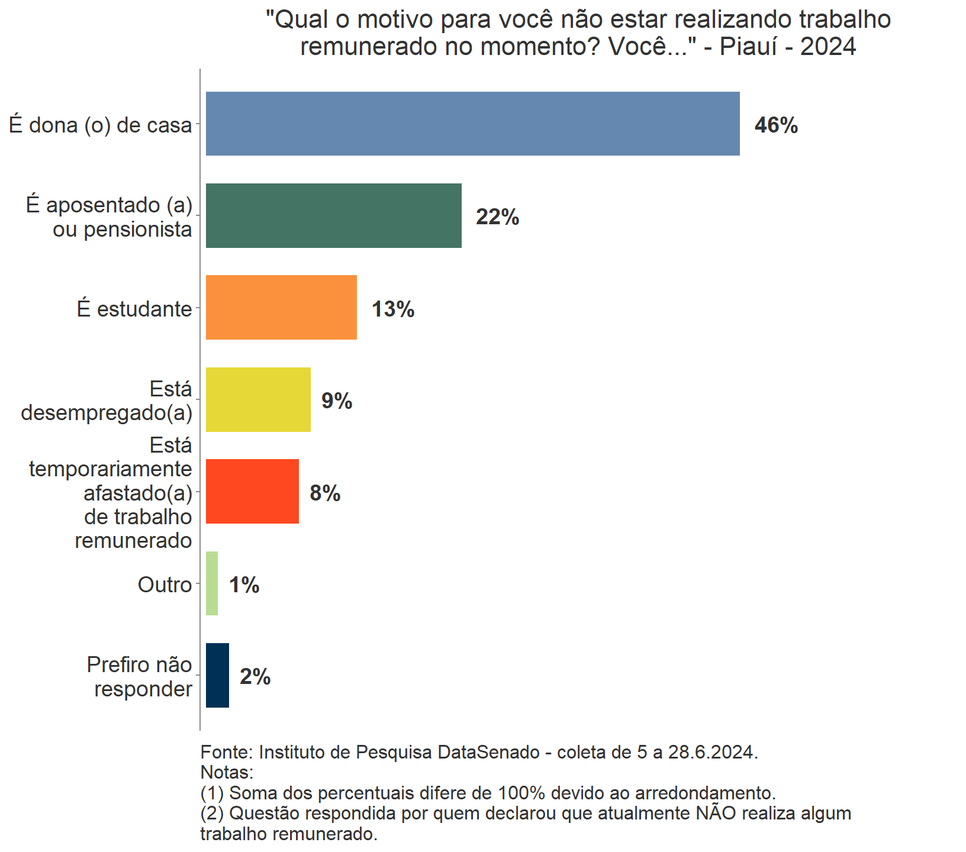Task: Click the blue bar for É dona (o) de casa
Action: click(472, 124)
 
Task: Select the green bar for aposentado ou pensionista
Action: click(333, 215)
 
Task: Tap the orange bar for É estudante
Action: click(281, 307)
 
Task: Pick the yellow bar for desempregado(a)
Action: click(258, 399)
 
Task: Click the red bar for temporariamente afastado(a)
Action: click(252, 491)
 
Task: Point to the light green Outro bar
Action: click(212, 583)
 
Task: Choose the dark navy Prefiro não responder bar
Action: click(217, 675)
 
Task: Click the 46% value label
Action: click(776, 125)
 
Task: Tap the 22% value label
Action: click(497, 217)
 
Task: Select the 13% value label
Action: click(393, 309)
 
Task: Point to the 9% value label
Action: click(337, 401)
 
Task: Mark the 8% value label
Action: click(325, 493)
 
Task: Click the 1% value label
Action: click(244, 585)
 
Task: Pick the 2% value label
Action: click(255, 677)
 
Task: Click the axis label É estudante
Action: click(134, 309)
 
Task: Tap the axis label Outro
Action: click(165, 585)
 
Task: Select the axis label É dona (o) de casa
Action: click(101, 125)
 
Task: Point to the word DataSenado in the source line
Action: click(488, 752)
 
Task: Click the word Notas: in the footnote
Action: click(227, 772)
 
